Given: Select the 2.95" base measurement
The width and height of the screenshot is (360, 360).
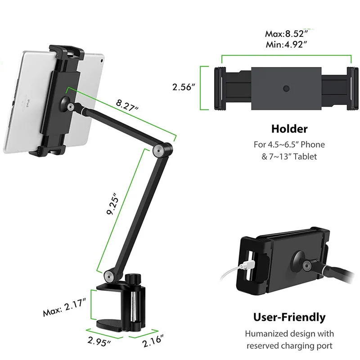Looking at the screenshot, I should pos(99,342).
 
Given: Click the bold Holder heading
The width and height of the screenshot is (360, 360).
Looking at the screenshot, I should pos(289,129).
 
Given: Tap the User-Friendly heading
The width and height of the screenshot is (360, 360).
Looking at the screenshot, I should pos(289,317).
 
